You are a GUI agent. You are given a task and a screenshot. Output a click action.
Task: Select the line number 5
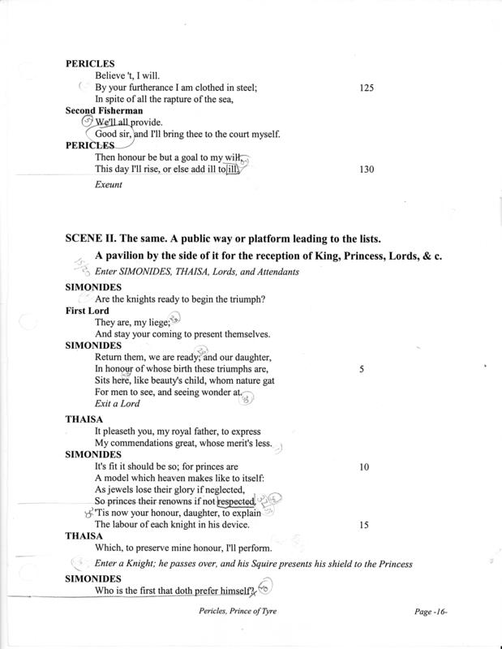pos(360,367)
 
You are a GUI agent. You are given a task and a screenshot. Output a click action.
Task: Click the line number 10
pos(365,467)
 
